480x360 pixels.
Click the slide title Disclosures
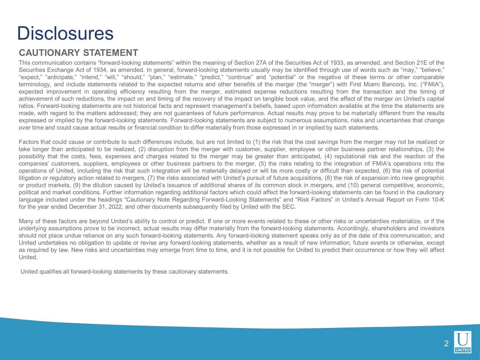(65, 33)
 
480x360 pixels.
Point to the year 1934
(100, 70)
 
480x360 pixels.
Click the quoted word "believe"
(431, 70)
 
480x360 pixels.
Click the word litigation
(29, 178)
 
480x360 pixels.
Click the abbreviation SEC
(289, 207)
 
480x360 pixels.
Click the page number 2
(446, 344)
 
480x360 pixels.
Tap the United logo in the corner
(463, 342)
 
